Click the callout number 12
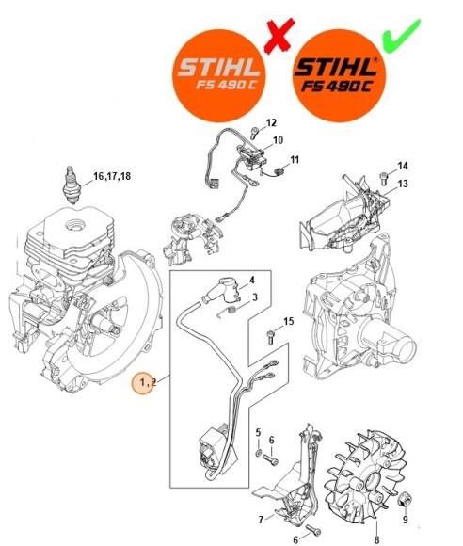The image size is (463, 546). (272, 123)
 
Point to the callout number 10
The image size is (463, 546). (278, 141)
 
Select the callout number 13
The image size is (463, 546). (403, 184)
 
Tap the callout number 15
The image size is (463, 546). (289, 322)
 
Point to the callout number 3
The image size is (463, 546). (254, 297)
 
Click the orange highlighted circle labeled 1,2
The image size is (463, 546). (146, 383)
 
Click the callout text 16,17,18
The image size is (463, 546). (112, 177)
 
